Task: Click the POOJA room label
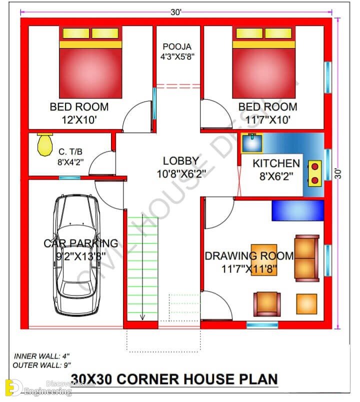pos(177,46)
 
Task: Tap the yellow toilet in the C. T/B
pos(45,144)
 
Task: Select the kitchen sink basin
pos(252,143)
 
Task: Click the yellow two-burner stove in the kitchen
pos(314,173)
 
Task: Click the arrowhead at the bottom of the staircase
pos(142,317)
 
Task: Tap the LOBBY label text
pos(181,161)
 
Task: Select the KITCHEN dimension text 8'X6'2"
pos(276,176)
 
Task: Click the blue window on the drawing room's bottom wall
pos(262,325)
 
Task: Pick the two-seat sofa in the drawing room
pos(307,258)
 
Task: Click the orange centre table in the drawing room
pos(264,260)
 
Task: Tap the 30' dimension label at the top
pos(176,12)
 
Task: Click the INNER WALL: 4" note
pos(41,356)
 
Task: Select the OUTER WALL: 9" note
pos(41,365)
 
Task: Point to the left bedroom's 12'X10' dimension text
pos(79,119)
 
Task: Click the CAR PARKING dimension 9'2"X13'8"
pos(81,256)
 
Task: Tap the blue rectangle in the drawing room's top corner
pos(297,210)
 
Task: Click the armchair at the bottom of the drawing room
pos(267,304)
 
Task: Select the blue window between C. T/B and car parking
pos(69,177)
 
